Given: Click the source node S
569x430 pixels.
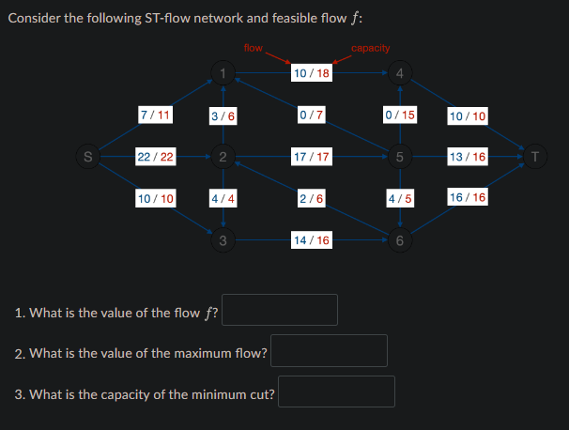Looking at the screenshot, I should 87,156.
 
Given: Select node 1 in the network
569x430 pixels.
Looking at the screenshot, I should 222,72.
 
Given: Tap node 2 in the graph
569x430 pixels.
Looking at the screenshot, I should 222,156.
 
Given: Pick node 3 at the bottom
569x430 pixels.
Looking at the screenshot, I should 222,240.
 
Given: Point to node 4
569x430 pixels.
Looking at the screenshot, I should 399,72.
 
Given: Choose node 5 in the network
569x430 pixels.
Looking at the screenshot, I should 399,156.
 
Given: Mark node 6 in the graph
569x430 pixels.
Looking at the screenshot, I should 399,240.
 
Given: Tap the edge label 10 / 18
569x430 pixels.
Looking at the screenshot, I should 311,72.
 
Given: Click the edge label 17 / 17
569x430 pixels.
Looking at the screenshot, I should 311,156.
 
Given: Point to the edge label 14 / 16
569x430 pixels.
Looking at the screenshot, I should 311,240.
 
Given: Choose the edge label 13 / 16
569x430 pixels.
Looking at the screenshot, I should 468,156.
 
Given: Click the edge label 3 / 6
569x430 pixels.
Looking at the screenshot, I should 223,115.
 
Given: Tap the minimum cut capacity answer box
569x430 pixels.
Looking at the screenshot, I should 336,392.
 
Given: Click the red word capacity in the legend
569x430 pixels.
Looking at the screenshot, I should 371,48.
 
